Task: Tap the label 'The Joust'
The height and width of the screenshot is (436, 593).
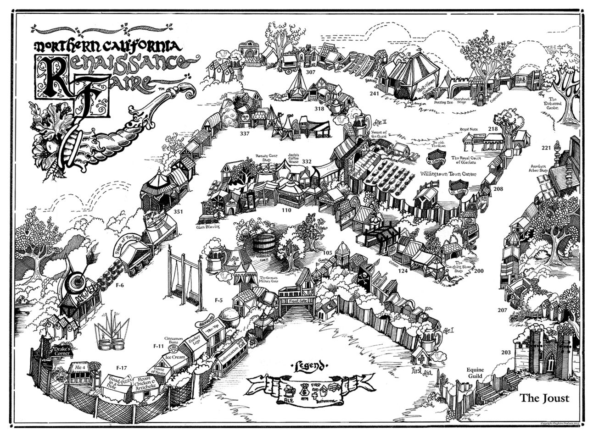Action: [x=544, y=397]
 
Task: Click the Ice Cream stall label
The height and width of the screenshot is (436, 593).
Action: [x=175, y=357]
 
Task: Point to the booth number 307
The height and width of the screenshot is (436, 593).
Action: [x=311, y=72]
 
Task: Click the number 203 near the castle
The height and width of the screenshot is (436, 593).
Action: [x=506, y=352]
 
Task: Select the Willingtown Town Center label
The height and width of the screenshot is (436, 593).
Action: [x=448, y=174]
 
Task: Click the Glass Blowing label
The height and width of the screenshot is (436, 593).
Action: [x=208, y=226]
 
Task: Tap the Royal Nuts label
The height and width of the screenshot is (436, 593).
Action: [x=469, y=130]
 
